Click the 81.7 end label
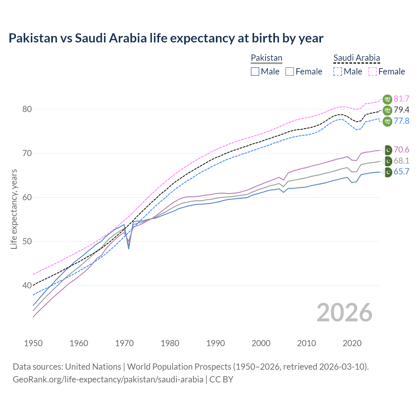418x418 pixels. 401,99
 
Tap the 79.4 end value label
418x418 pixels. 401,110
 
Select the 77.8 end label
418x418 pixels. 401,121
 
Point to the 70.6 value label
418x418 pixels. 401,150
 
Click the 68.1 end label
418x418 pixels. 401,161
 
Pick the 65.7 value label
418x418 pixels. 401,172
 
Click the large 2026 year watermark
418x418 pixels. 345,313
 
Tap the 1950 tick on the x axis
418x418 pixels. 33,343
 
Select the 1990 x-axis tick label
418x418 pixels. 216,343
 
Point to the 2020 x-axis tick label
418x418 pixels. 352,343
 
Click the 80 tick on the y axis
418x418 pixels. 27,109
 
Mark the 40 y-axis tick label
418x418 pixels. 27,286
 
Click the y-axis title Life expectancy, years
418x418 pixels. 14,209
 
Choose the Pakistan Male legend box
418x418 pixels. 255,72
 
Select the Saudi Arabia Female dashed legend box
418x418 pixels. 373,72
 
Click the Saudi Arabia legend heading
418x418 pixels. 357,58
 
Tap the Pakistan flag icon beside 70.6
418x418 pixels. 387,150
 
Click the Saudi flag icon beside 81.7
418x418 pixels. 387,99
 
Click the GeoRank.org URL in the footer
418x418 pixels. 108,379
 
